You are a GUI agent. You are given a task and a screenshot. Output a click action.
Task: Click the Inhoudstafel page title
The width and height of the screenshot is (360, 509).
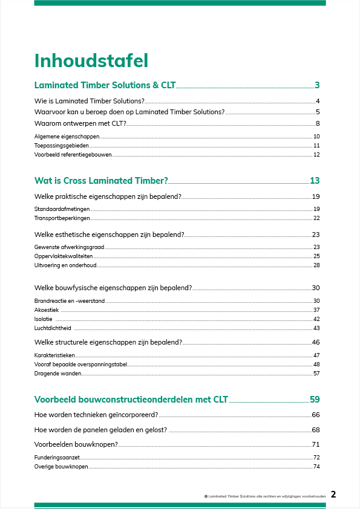click(x=91, y=61)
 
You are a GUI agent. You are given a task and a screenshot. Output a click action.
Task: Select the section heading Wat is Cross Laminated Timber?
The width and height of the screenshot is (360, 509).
click(x=101, y=181)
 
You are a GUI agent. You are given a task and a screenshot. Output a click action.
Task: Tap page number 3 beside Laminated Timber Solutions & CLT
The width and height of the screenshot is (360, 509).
click(x=317, y=85)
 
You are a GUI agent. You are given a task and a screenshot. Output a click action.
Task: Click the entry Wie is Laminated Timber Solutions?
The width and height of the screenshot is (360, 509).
click(x=90, y=101)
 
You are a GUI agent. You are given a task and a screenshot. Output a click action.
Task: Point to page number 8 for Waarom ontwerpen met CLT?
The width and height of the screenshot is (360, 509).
click(x=318, y=123)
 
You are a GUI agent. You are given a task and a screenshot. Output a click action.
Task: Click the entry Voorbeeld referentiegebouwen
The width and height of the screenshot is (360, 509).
click(x=73, y=155)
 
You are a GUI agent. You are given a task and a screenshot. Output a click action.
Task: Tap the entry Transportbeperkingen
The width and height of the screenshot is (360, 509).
click(x=62, y=218)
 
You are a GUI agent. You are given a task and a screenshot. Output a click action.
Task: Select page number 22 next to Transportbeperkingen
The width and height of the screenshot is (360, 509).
click(x=316, y=218)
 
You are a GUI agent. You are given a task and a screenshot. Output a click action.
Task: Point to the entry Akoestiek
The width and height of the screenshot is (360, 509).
click(x=47, y=310)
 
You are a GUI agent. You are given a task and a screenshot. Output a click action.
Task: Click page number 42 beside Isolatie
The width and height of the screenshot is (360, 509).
click(x=316, y=319)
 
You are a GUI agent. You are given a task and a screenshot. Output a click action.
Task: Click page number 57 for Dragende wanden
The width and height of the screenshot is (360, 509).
click(x=316, y=374)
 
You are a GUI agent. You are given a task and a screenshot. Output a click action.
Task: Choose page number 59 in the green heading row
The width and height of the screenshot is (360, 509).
click(x=315, y=400)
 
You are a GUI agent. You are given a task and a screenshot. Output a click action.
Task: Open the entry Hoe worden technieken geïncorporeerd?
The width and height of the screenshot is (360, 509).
click(x=97, y=415)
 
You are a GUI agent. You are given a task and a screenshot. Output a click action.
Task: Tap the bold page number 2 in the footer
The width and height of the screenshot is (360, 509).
click(x=333, y=494)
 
